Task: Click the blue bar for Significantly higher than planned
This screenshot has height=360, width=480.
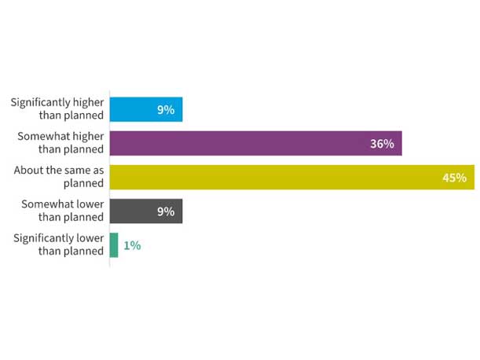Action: [x=145, y=110]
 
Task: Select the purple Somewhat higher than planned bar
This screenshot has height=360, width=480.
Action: [x=255, y=144]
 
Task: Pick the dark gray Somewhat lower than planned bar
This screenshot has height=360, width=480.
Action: [x=145, y=211]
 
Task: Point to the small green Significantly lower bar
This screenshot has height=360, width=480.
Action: [x=114, y=245]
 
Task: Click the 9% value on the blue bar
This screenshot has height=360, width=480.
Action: [x=165, y=110]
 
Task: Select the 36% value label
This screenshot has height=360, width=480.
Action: [x=382, y=144]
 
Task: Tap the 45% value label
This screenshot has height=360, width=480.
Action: [x=454, y=178]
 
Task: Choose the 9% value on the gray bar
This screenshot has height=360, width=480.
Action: [x=165, y=211]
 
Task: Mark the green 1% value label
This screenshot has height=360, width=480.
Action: [x=132, y=245]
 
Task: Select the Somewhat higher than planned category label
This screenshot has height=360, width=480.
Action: [x=60, y=143]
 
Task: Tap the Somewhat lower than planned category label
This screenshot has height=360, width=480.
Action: [x=62, y=211]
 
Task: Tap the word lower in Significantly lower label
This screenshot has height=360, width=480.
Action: [x=88, y=238]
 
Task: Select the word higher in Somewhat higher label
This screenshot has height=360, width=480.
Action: [x=86, y=137]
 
